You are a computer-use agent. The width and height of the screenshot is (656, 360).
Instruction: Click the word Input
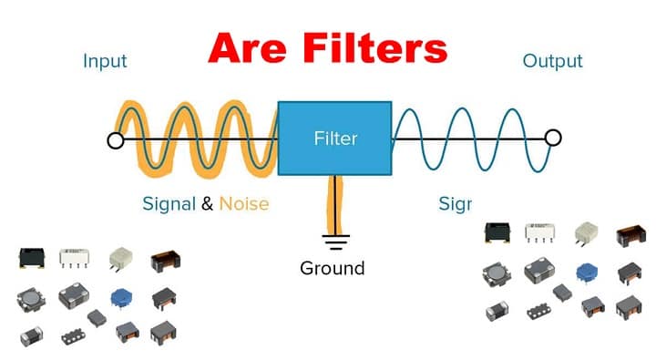click(x=105, y=62)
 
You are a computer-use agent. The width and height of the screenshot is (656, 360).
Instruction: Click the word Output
click(x=552, y=62)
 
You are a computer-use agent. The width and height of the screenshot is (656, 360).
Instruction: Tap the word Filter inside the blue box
click(x=335, y=139)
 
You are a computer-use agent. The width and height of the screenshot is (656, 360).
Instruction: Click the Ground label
click(x=332, y=268)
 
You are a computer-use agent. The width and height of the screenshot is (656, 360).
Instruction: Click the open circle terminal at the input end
click(x=115, y=140)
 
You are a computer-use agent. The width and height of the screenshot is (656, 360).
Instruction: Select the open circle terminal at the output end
click(x=552, y=138)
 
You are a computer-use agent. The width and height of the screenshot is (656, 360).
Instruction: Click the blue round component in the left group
click(x=119, y=296)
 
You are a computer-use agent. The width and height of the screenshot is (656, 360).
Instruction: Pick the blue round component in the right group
click(x=585, y=272)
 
